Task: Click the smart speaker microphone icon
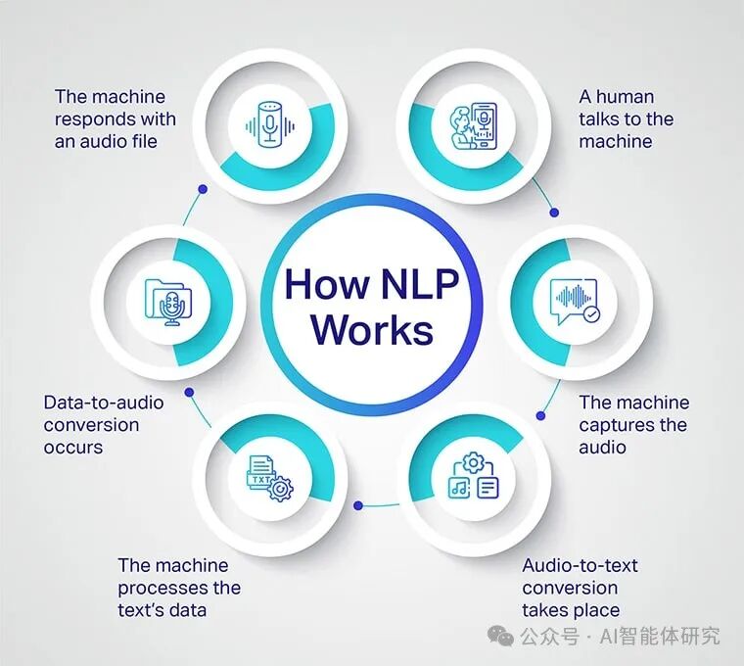[268, 121]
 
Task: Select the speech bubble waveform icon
[574, 302]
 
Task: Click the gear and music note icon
[473, 477]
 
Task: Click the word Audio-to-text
[579, 565]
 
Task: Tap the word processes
[159, 588]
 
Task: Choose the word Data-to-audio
[104, 402]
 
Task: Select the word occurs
[73, 447]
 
